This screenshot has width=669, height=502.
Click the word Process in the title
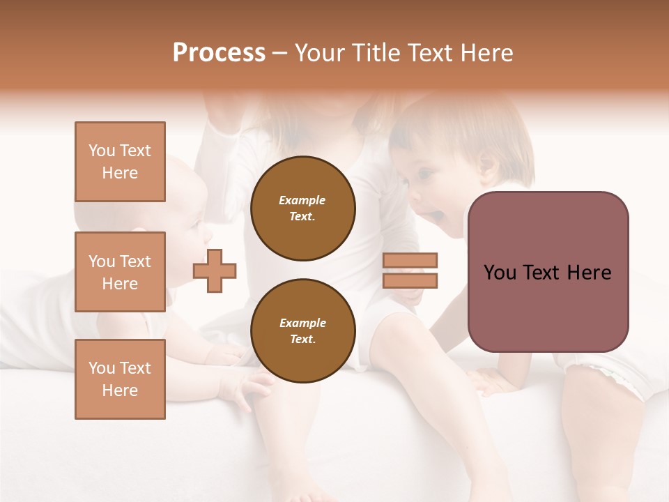(219, 53)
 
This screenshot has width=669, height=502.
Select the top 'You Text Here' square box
(120, 162)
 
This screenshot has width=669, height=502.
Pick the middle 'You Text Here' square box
(120, 272)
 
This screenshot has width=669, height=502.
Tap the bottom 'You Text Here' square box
(120, 379)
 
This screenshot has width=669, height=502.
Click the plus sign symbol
(215, 271)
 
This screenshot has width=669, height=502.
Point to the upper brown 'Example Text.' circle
(302, 208)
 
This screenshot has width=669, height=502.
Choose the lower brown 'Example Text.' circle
(302, 330)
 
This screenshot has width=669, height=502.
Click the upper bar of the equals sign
(410, 260)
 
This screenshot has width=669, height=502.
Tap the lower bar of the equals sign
(410, 280)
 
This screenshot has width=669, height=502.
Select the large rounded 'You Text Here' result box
(548, 272)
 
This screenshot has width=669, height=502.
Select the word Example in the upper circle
(302, 200)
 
